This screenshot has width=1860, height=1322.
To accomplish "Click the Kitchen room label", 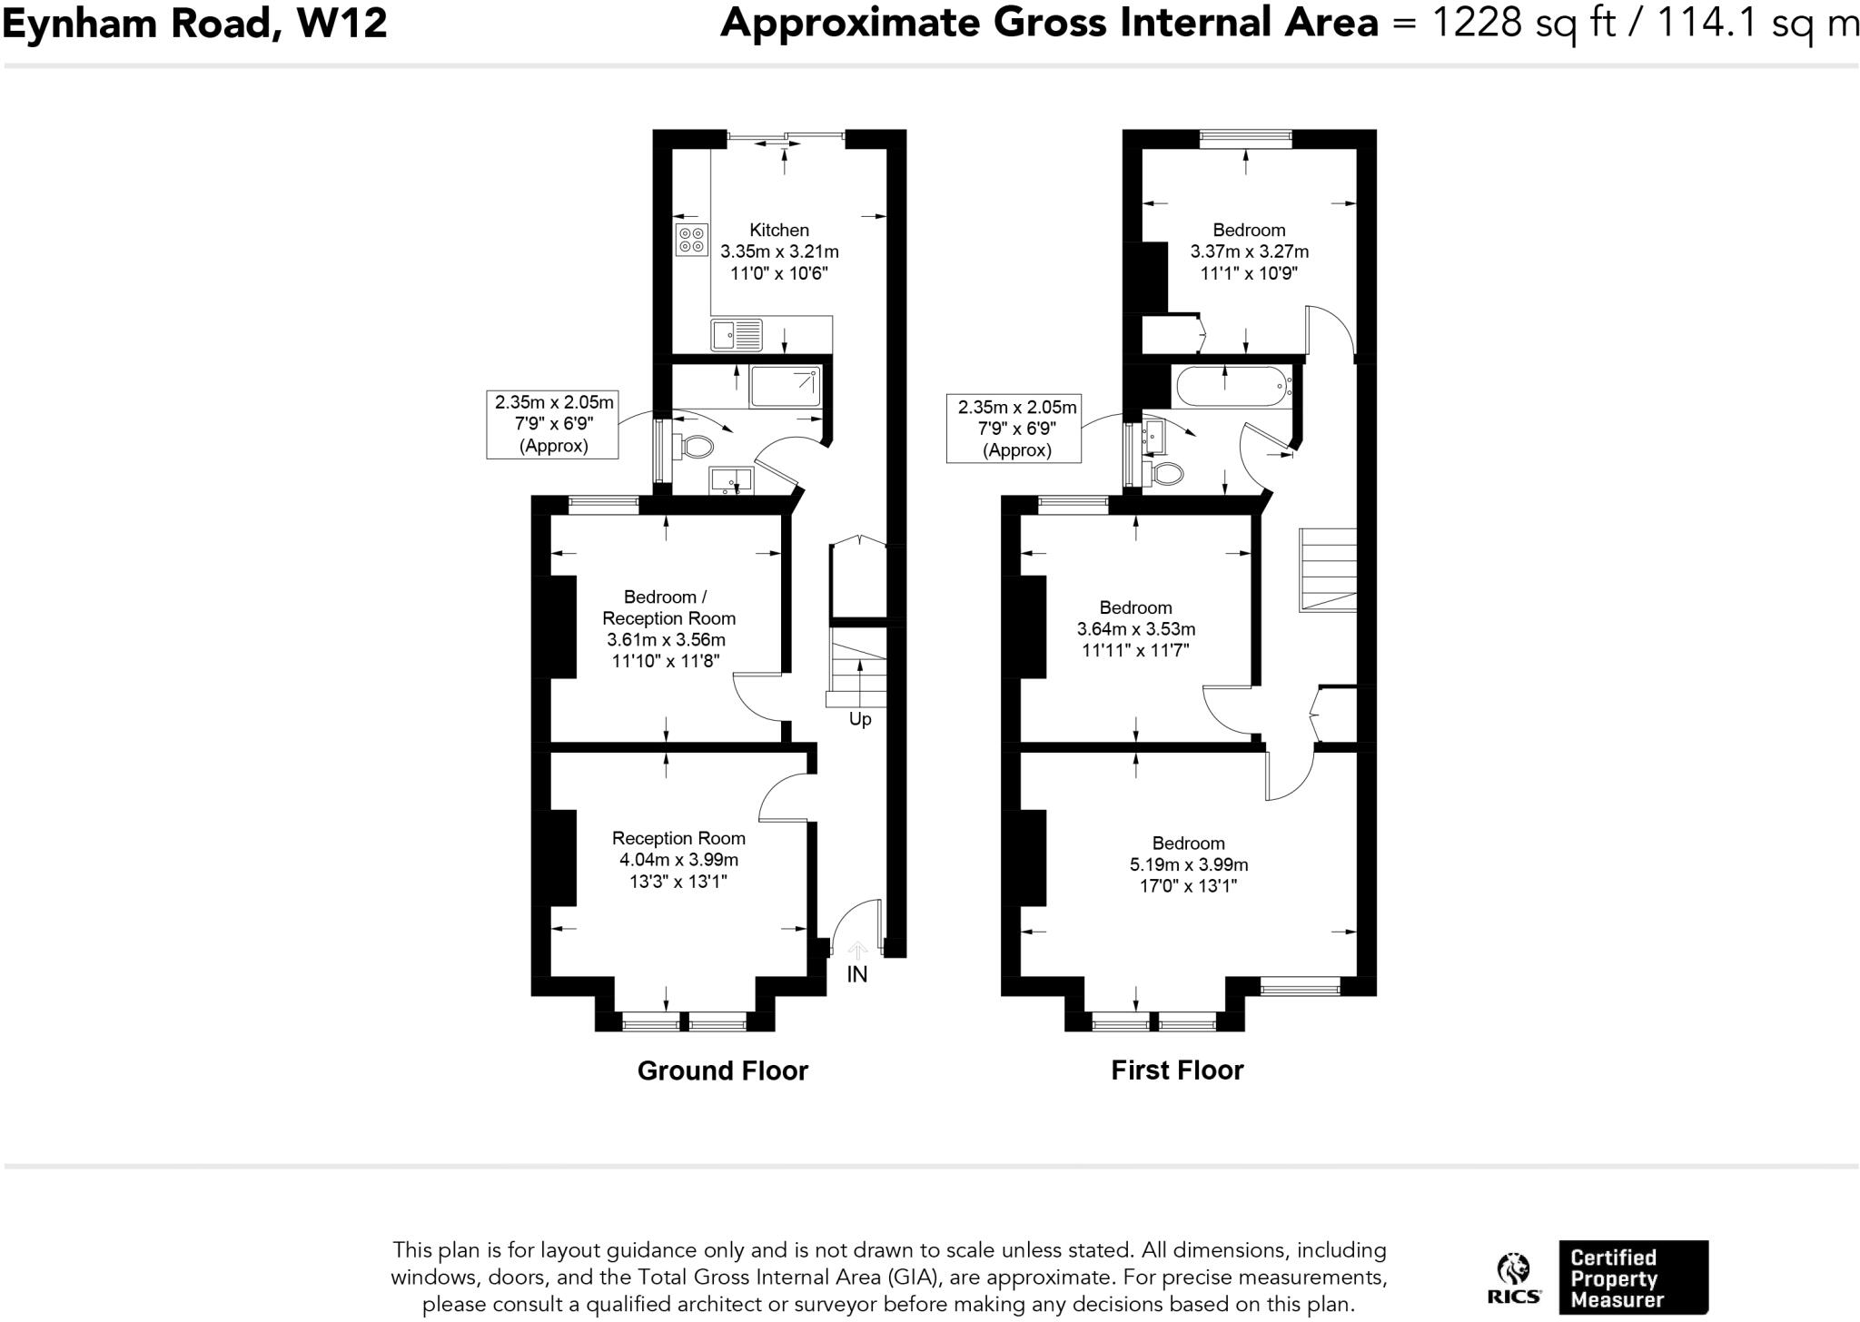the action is pyautogui.click(x=779, y=230).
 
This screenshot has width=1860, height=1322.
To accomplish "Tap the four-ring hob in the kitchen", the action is pyautogui.click(x=691, y=240).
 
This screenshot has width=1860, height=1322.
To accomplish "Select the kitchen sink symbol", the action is pyautogui.click(x=737, y=335).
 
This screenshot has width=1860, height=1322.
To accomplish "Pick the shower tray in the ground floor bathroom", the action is pyautogui.click(x=786, y=387).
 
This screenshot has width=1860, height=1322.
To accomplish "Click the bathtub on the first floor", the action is pyautogui.click(x=1233, y=387).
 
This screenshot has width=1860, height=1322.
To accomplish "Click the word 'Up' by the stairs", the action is pyautogui.click(x=860, y=719).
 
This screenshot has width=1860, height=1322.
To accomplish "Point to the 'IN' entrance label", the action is pyautogui.click(x=857, y=974).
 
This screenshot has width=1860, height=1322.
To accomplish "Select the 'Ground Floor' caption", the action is pyautogui.click(x=723, y=1070).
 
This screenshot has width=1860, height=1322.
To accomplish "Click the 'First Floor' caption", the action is pyautogui.click(x=1177, y=1070).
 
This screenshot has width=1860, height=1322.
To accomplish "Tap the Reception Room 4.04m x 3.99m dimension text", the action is pyautogui.click(x=678, y=860).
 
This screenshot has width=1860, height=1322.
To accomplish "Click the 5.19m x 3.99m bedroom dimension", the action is pyautogui.click(x=1189, y=864).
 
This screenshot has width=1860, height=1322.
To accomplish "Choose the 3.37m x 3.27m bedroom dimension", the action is pyautogui.click(x=1250, y=252).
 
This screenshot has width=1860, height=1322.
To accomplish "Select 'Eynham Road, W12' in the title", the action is pyautogui.click(x=195, y=23).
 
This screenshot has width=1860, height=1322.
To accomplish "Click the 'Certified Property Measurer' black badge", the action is pyautogui.click(x=1633, y=1277).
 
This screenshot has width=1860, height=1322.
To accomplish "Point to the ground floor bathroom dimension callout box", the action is pyautogui.click(x=553, y=424).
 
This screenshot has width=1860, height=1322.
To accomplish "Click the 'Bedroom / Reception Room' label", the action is pyautogui.click(x=668, y=607).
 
